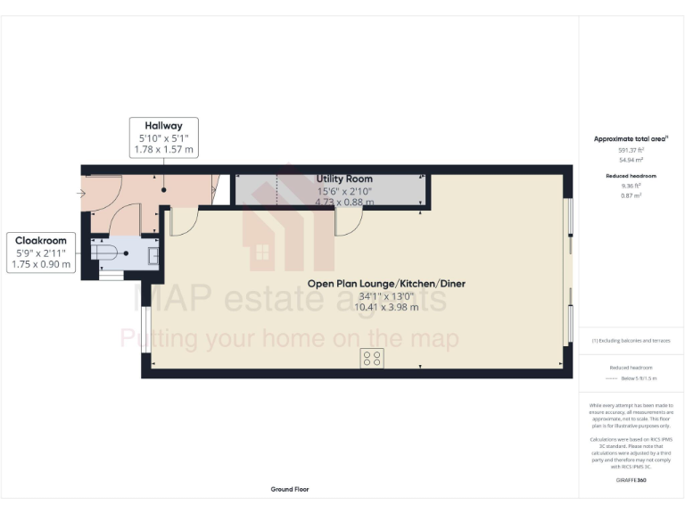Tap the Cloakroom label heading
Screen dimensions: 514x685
(41, 241)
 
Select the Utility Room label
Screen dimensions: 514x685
(344, 179)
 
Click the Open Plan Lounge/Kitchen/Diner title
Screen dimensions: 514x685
(386, 284)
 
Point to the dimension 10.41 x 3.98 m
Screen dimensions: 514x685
(386, 306)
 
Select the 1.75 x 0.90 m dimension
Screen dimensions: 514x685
(41, 264)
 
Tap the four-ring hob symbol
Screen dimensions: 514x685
(372, 359)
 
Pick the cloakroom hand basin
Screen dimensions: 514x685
(153, 253)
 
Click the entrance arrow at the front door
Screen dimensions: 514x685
(82, 192)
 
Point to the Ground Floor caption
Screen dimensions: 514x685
(290, 489)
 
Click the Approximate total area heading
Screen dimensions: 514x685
(631, 139)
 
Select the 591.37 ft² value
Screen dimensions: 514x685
(631, 150)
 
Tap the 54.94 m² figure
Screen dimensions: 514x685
(631, 159)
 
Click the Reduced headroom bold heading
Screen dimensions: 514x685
(631, 176)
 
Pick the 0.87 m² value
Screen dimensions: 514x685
(631, 195)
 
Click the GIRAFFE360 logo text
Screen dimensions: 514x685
(631, 481)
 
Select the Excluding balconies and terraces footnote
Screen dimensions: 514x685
(631, 341)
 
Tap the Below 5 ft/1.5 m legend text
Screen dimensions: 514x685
(636, 379)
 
